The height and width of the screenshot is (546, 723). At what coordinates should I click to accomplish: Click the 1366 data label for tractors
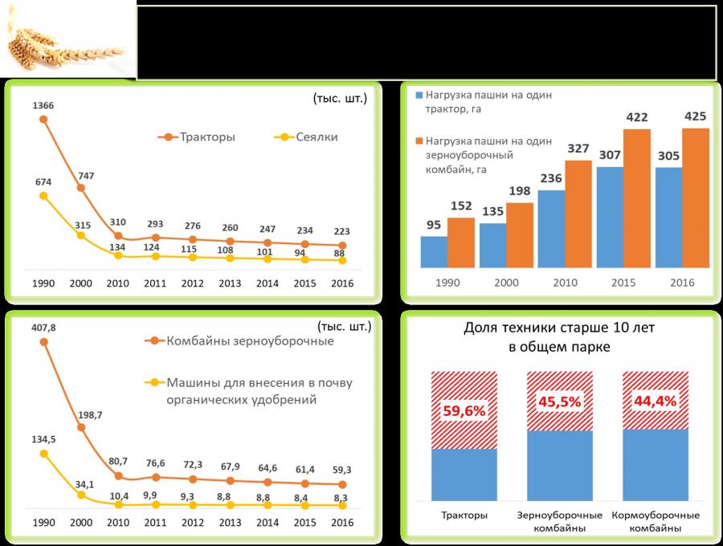tap(43, 105)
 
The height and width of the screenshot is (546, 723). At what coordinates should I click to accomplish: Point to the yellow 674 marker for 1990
tap(43, 195)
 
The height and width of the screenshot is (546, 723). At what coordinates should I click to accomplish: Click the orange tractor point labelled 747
tap(80, 188)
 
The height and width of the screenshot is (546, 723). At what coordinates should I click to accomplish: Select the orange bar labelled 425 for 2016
tap(696, 198)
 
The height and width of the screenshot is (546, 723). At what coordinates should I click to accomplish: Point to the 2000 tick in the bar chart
tap(506, 283)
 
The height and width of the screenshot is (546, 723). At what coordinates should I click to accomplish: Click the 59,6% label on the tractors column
tap(464, 410)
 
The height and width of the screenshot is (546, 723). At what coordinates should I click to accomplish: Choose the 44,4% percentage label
tap(656, 400)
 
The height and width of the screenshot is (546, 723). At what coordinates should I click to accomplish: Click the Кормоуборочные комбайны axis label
tap(656, 521)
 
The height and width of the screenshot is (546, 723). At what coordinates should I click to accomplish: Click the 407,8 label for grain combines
tap(43, 327)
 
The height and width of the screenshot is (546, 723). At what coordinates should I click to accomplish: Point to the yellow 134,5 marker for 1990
tap(43, 454)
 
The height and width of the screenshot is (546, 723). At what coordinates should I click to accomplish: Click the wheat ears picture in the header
tap(67, 45)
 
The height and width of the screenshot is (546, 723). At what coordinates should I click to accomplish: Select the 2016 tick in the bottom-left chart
tap(343, 523)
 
